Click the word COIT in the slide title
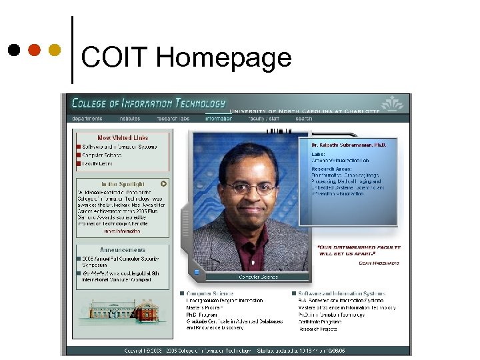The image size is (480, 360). (115, 58)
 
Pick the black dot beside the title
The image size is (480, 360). (14, 51)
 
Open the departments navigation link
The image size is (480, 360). (87, 119)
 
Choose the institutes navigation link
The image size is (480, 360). (129, 119)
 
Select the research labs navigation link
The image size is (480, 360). (173, 119)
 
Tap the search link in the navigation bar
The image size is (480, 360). (303, 119)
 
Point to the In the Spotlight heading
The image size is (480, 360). (123, 183)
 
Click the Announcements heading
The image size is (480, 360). (123, 250)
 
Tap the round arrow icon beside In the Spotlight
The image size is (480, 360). (163, 183)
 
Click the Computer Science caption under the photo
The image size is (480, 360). (259, 277)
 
